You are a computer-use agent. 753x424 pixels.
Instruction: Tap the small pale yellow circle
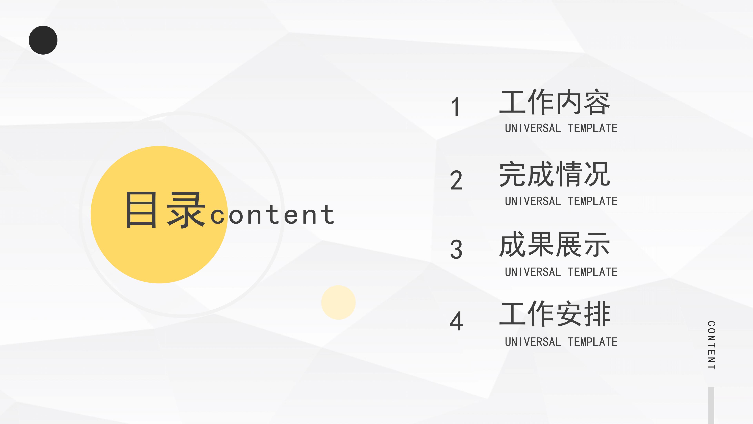pos(338,302)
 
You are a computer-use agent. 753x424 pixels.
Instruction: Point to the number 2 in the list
pos(456,180)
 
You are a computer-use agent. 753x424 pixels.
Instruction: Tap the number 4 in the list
pos(456,321)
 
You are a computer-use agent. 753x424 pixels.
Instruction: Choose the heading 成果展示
pos(555,245)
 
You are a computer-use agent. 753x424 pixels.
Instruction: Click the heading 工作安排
pos(555,314)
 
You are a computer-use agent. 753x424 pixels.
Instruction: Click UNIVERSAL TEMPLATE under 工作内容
pos(561,128)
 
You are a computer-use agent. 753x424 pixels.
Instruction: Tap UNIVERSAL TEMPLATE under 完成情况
pos(561,201)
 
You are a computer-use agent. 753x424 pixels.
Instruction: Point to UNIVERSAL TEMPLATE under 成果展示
pos(561,272)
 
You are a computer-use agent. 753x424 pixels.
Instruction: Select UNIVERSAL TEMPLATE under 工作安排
pos(561,342)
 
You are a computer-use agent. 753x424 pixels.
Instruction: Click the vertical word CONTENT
pos(711,345)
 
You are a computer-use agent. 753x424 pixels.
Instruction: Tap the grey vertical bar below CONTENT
pos(711,405)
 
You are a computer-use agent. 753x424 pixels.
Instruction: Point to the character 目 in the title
pos(141,210)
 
